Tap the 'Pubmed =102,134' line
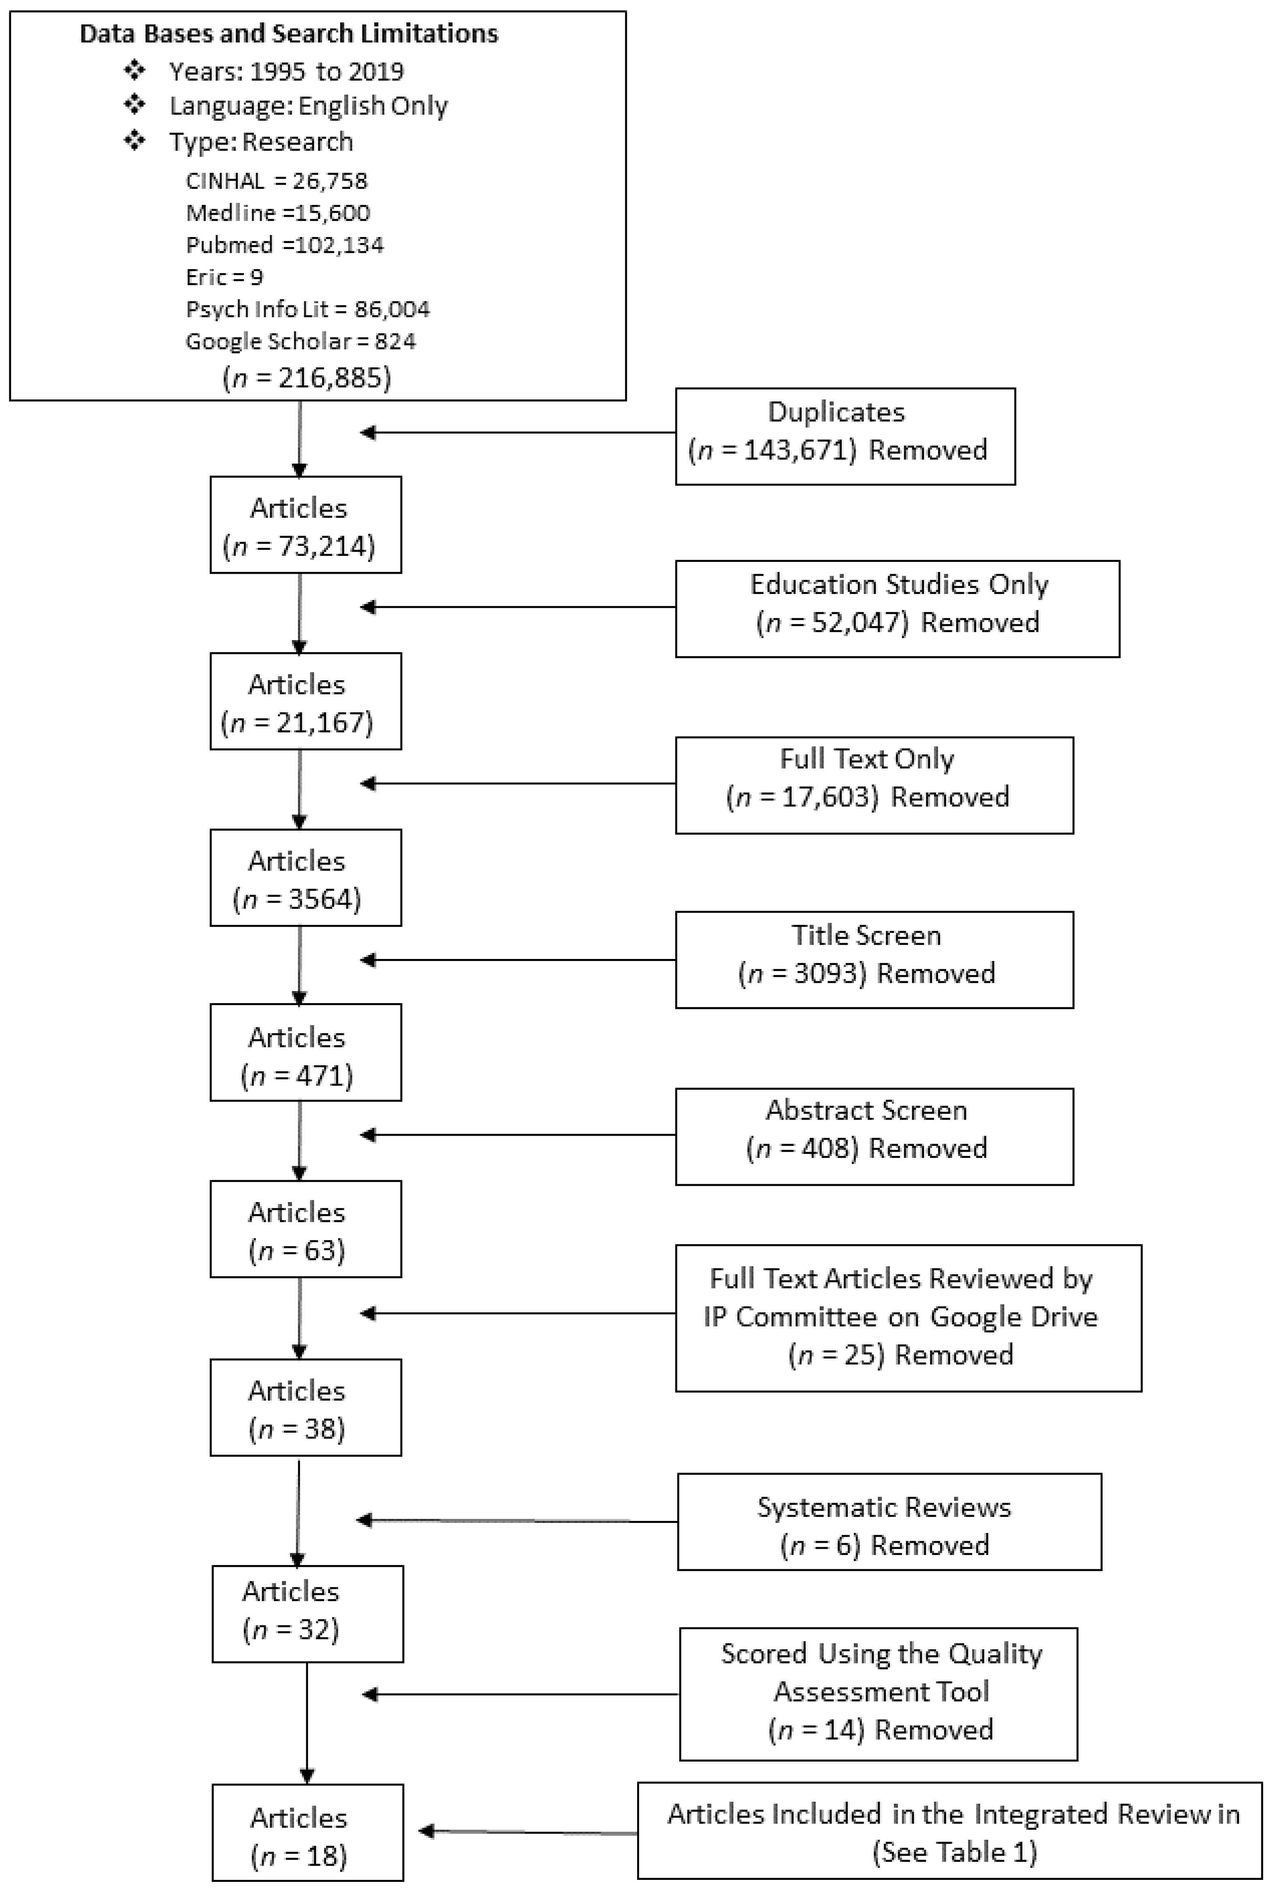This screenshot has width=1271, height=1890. tap(284, 245)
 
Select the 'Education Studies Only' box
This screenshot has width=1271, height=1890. tap(897, 608)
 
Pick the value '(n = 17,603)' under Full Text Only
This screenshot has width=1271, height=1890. tap(802, 797)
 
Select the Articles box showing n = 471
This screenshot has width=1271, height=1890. tap(305, 1053)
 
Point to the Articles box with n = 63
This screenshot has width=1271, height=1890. tap(305, 1229)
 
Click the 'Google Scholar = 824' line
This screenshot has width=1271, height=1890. tap(301, 342)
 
